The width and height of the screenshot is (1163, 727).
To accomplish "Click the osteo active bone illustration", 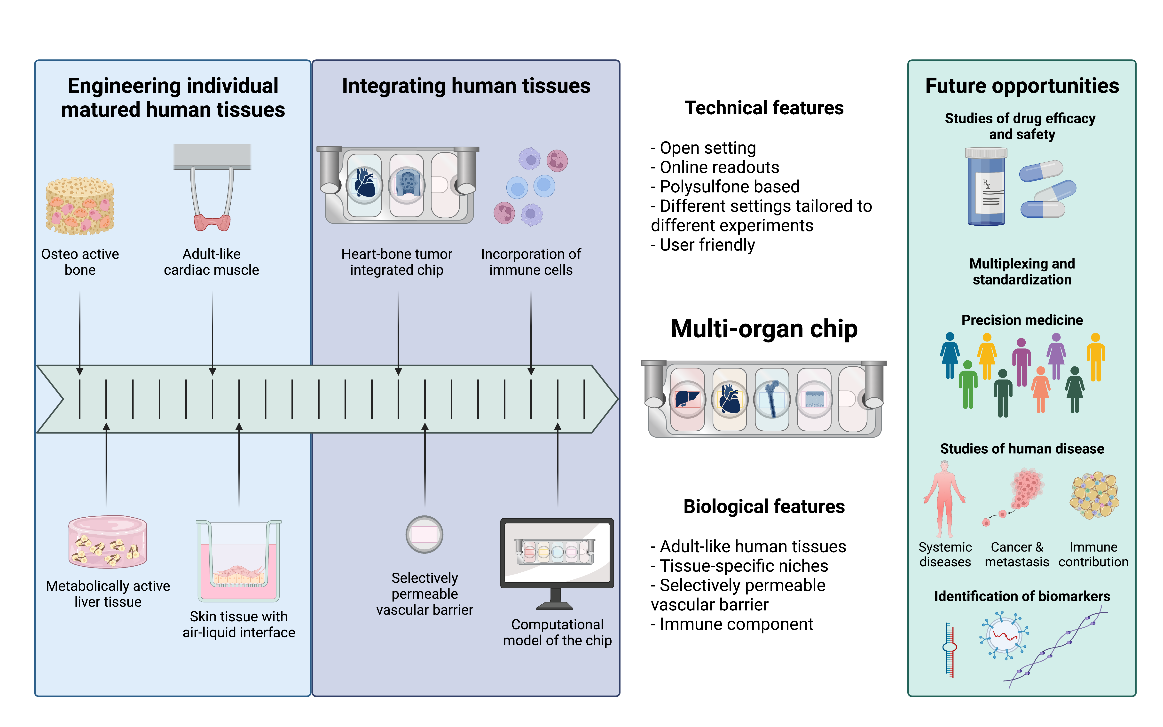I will (80, 206).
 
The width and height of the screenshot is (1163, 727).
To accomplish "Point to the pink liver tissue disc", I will (108, 542).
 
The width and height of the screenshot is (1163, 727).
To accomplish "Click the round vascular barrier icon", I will (424, 534).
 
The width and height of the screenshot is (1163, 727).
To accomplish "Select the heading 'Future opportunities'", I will (1022, 86).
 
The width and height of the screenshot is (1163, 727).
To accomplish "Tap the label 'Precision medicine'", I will (1022, 320).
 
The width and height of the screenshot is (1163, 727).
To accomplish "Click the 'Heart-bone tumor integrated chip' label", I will (397, 262).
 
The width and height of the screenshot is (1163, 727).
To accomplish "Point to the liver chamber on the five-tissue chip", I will (687, 399).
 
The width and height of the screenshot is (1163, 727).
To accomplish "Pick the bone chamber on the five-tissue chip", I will (772, 399).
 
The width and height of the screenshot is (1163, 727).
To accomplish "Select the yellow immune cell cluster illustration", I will (1094, 495).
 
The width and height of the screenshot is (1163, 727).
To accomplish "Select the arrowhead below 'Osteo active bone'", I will (80, 371).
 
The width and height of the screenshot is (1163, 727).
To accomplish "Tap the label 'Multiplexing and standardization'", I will (1022, 272).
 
